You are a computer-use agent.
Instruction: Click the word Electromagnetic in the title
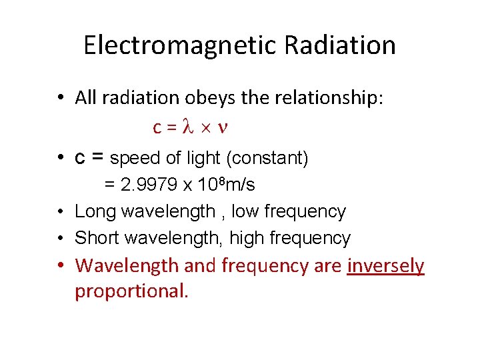pyautogui.click(x=179, y=45)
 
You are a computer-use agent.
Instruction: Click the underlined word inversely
pyautogui.click(x=385, y=265)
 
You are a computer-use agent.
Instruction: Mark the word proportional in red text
pyautogui.click(x=131, y=291)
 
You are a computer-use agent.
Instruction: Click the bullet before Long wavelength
pyautogui.click(x=60, y=212)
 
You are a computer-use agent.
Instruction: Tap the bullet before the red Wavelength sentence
pyautogui.click(x=60, y=266)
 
